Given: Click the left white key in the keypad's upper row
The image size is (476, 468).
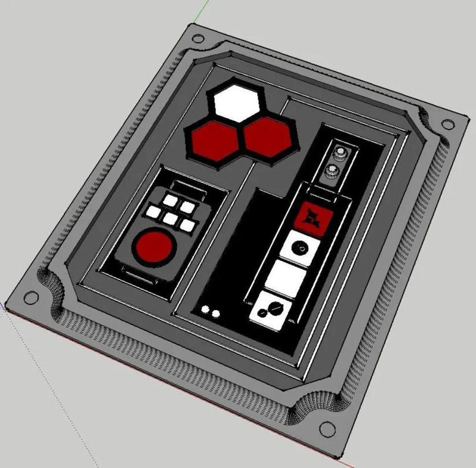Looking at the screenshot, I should pyautogui.click(x=173, y=200).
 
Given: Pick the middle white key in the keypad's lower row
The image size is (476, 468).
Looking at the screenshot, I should pyautogui.click(x=170, y=219).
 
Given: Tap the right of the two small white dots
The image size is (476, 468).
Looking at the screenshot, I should pyautogui.click(x=215, y=313).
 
